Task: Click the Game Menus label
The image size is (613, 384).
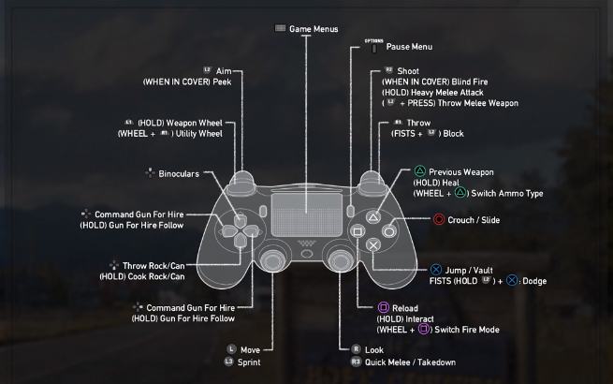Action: (314, 29)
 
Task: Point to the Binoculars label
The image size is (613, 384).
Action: (179, 172)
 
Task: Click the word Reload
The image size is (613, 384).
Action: (406, 307)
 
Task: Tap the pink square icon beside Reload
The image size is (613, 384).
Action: (382, 307)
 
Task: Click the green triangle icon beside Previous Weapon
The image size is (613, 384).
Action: (419, 172)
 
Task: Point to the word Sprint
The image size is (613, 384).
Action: (249, 362)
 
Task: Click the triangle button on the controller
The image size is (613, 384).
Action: (372, 214)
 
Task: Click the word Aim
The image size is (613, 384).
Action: (223, 70)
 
